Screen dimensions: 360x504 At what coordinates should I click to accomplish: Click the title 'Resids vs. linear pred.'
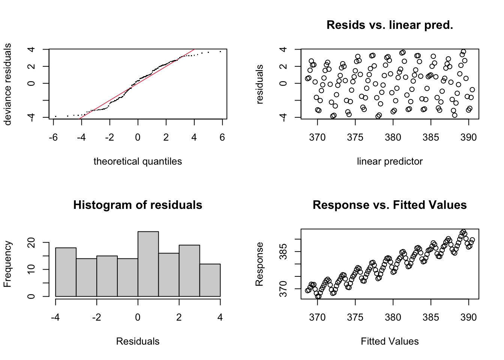tap(390, 25)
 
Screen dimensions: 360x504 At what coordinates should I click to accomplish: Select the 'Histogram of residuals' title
tap(138, 205)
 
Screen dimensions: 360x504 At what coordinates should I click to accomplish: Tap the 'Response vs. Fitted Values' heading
tap(390, 205)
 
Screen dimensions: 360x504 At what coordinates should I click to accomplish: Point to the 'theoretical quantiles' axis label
tap(138, 161)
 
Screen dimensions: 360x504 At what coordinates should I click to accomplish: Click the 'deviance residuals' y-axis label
tap(7, 84)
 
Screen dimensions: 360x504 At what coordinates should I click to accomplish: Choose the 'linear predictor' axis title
tap(390, 161)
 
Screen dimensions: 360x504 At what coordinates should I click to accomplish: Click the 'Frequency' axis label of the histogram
tap(7, 264)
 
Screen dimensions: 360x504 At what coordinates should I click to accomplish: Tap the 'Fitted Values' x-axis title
tap(390, 341)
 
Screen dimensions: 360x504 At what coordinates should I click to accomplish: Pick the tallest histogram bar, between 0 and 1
tap(148, 264)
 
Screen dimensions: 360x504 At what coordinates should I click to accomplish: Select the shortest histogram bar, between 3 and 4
tap(210, 280)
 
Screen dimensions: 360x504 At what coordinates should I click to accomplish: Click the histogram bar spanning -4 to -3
tap(66, 272)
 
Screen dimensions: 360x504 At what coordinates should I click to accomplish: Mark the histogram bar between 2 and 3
tap(189, 271)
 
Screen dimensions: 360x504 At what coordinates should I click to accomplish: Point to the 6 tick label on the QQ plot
tap(222, 138)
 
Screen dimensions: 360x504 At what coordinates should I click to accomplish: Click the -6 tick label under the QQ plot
tap(53, 138)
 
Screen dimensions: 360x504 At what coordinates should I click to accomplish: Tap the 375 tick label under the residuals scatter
tap(355, 138)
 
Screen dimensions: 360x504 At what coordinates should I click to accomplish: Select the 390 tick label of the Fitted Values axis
tap(468, 318)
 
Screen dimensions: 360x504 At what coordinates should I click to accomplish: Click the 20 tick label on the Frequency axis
tap(31, 243)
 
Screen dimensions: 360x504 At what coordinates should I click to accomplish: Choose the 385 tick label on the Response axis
tap(283, 251)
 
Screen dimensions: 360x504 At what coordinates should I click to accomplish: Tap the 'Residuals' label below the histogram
tap(138, 341)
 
